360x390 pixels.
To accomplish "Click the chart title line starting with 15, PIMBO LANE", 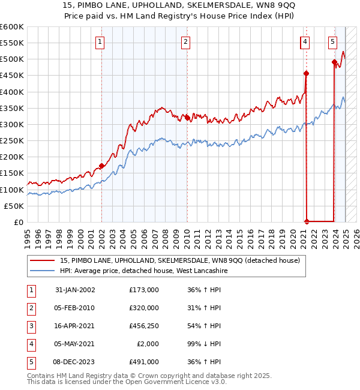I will point(179,6).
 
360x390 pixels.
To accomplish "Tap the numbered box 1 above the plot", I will point(99,41).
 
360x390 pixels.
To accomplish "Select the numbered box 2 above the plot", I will point(186,41).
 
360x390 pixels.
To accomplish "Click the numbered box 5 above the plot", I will point(332,41).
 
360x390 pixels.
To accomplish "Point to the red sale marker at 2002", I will point(101,166).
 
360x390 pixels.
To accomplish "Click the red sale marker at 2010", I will point(187,118).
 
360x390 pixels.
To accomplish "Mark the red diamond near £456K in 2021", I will point(306,74).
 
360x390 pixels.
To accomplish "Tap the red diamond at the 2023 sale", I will point(334,62).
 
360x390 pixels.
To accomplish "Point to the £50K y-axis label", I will point(14,206).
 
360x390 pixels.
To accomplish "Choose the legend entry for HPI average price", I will point(143,271).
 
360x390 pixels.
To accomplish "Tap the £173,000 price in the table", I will point(144,290).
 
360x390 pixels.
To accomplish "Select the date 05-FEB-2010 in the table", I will point(75,308).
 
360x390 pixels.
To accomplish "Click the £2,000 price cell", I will point(149,344).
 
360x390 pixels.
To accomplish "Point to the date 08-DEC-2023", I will point(75,362).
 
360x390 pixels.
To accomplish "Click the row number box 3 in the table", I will point(30,326).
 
